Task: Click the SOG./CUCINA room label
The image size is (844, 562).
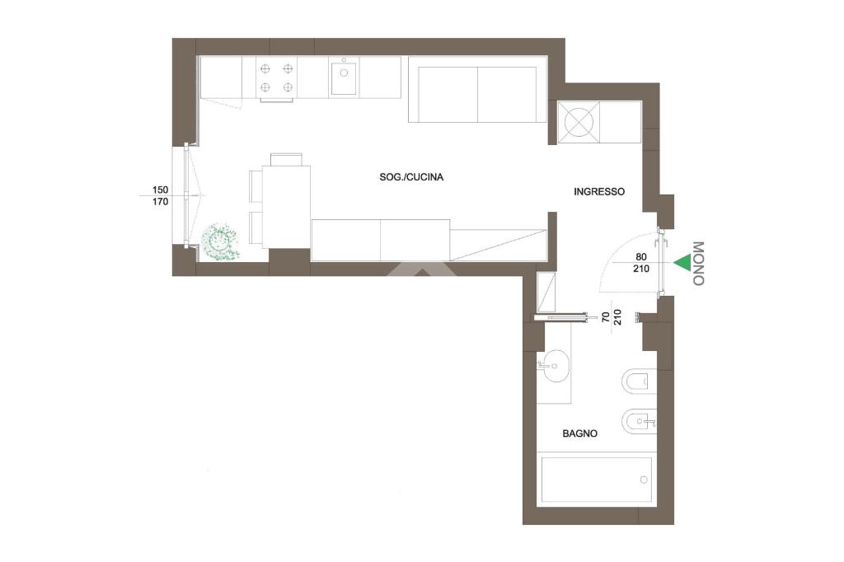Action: pos(411,177)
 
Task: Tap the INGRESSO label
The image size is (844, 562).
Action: pos(599,192)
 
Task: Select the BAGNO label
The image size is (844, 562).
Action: pos(579,433)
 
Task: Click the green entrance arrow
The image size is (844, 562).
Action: pos(682,262)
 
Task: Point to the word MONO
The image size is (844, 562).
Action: pos(698,263)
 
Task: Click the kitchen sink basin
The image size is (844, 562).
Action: pos(344,78)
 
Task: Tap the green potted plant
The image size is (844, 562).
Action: pos(220,243)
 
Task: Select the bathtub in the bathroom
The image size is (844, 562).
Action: pos(596,479)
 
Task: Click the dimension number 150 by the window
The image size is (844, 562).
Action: pos(160,190)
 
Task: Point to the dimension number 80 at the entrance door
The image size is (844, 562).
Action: pos(641,257)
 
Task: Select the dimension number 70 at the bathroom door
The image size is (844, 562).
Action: pos(606,316)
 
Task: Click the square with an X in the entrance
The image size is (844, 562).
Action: pos(578,123)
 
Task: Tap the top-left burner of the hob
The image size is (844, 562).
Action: pos(265,68)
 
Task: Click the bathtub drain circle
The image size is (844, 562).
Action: pos(643,480)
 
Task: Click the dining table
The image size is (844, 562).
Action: pos(286,208)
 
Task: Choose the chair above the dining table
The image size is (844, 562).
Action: pos(286,160)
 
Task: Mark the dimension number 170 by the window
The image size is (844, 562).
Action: pos(160,202)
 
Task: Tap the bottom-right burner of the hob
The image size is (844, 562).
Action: pos(288,87)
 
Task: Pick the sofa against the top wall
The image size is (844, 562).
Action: pos(477,95)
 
